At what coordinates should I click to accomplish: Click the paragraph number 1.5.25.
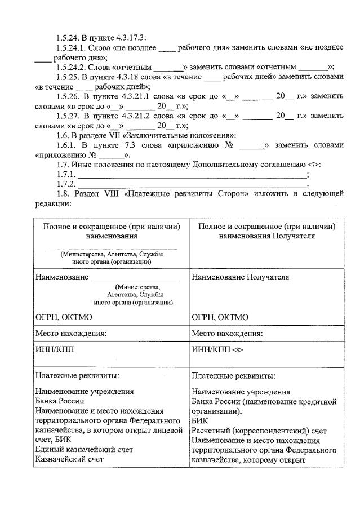[x=68, y=76]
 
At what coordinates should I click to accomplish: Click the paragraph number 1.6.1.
[x=67, y=145]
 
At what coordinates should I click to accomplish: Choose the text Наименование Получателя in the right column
[x=240, y=277]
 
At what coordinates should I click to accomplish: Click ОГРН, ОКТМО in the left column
[x=63, y=317]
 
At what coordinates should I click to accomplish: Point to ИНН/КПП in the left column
[x=54, y=349]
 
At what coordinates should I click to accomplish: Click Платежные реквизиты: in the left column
[x=77, y=375]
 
